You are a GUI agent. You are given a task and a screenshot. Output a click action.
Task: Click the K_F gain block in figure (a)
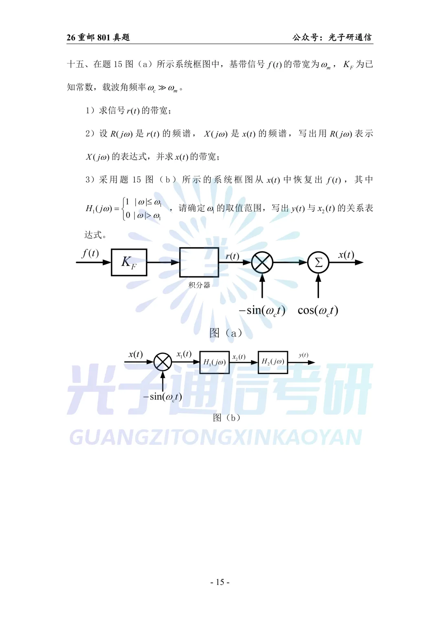click(129, 262)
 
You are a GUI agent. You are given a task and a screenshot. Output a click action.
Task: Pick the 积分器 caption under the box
click(199, 285)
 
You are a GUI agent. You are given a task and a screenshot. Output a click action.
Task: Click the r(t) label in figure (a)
click(233, 256)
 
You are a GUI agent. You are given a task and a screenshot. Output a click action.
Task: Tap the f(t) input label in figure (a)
click(90, 253)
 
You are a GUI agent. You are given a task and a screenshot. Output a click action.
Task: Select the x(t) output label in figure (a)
click(346, 255)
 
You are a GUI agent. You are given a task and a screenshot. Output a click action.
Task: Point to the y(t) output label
click(304, 355)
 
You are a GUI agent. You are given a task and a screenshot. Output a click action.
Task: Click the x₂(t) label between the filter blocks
click(239, 357)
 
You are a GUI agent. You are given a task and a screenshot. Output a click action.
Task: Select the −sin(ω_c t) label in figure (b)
click(163, 397)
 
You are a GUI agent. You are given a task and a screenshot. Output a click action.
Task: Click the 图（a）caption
click(226, 333)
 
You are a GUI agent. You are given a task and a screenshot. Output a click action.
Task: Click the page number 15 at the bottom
click(220, 582)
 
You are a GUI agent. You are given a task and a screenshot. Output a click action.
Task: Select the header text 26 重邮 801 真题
click(98, 37)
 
